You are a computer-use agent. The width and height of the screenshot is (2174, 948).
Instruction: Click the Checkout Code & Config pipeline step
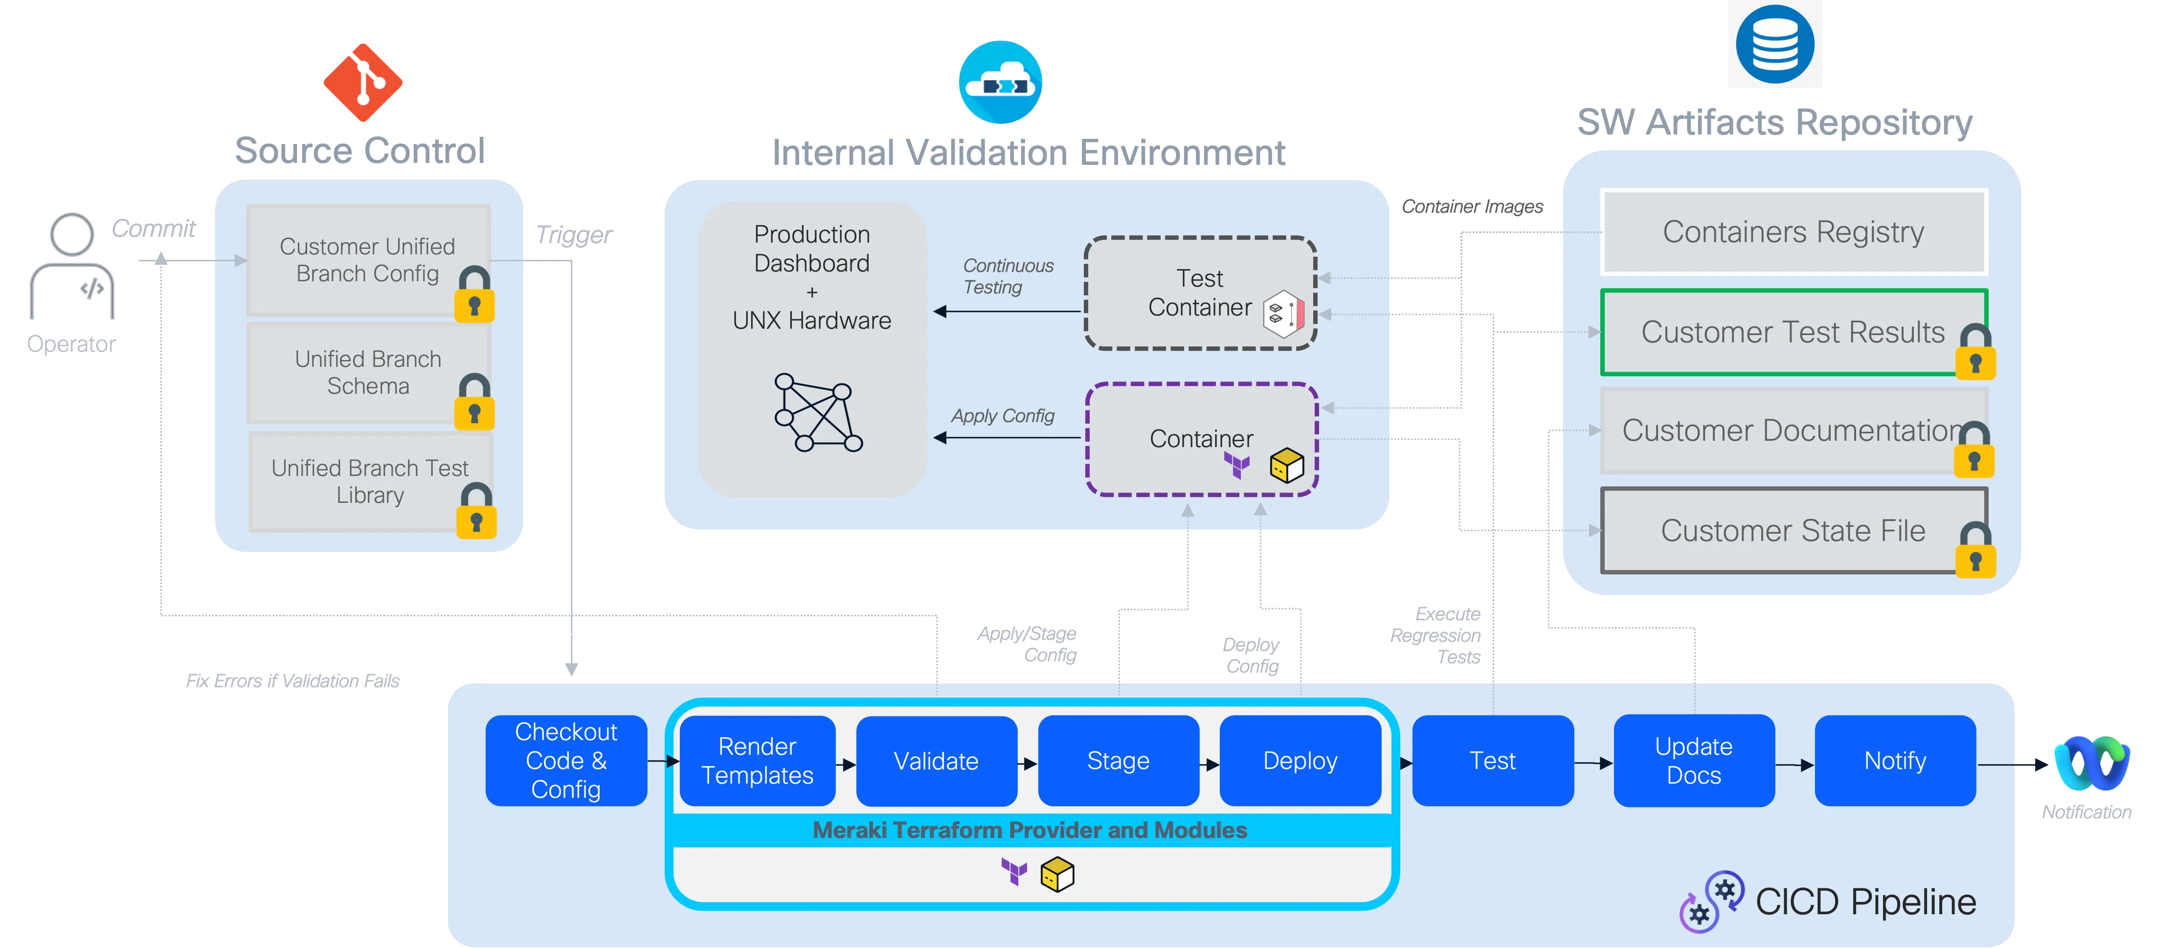coord(565,761)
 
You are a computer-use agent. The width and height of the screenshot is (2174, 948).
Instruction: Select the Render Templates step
coord(757,761)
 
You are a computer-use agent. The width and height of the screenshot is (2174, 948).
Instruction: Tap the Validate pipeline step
coord(936,761)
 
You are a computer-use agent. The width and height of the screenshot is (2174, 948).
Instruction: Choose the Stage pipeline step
coord(1118,761)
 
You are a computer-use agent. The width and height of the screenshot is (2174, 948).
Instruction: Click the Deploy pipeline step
coord(1300,761)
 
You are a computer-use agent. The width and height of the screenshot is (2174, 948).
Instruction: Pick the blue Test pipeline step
coord(1492,761)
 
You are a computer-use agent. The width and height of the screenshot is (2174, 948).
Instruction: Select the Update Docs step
coord(1693,761)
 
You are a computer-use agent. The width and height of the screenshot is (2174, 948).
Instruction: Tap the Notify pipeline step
coord(1895,761)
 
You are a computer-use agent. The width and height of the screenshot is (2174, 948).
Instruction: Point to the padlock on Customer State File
coord(1975,550)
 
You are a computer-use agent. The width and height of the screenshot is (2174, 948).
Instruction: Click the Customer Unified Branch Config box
coord(367,260)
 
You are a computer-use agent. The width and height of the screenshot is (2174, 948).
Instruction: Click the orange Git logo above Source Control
coord(362,83)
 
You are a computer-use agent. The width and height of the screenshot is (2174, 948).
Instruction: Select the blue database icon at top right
coord(1774,44)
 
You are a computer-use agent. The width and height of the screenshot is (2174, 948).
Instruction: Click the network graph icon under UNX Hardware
coord(817,413)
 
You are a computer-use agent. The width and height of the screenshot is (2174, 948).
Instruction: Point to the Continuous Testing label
coord(1008,276)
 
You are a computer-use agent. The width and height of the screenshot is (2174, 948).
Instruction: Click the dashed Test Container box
coord(1199,293)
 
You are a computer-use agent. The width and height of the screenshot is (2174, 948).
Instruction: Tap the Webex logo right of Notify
coord(2091,764)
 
